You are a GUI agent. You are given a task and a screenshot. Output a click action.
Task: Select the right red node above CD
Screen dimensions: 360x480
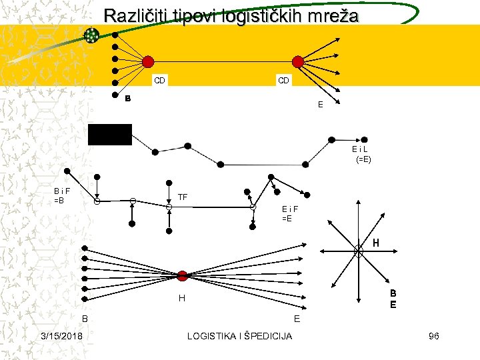point(298,61)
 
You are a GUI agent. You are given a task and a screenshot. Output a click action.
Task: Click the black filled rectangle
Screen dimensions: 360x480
point(110,134)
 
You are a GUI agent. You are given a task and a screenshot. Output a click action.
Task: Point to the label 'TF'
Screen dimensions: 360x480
point(183,197)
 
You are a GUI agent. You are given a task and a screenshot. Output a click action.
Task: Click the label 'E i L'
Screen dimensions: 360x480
point(360,149)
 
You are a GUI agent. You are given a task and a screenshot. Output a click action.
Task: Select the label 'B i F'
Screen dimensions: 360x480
point(63,191)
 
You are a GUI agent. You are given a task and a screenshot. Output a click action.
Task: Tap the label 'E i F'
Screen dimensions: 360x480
point(290,209)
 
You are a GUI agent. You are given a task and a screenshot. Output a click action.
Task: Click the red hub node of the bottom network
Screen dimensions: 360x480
point(183,275)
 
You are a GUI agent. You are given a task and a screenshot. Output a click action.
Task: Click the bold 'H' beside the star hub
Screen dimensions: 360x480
point(377,243)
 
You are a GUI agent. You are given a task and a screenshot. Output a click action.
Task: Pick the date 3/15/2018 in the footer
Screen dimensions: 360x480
point(61,336)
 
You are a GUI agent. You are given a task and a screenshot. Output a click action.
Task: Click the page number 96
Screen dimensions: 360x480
point(433,336)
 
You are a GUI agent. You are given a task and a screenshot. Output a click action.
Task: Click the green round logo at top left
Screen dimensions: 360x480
point(91,35)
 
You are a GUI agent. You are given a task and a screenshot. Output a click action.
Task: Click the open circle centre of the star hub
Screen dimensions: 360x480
point(359,251)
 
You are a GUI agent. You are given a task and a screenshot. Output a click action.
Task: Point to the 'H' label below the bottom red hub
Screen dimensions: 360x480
point(181,299)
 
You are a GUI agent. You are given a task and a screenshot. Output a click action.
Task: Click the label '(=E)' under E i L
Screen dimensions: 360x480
point(363,160)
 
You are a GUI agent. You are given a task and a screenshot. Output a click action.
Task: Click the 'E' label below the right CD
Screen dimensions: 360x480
point(320,105)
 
